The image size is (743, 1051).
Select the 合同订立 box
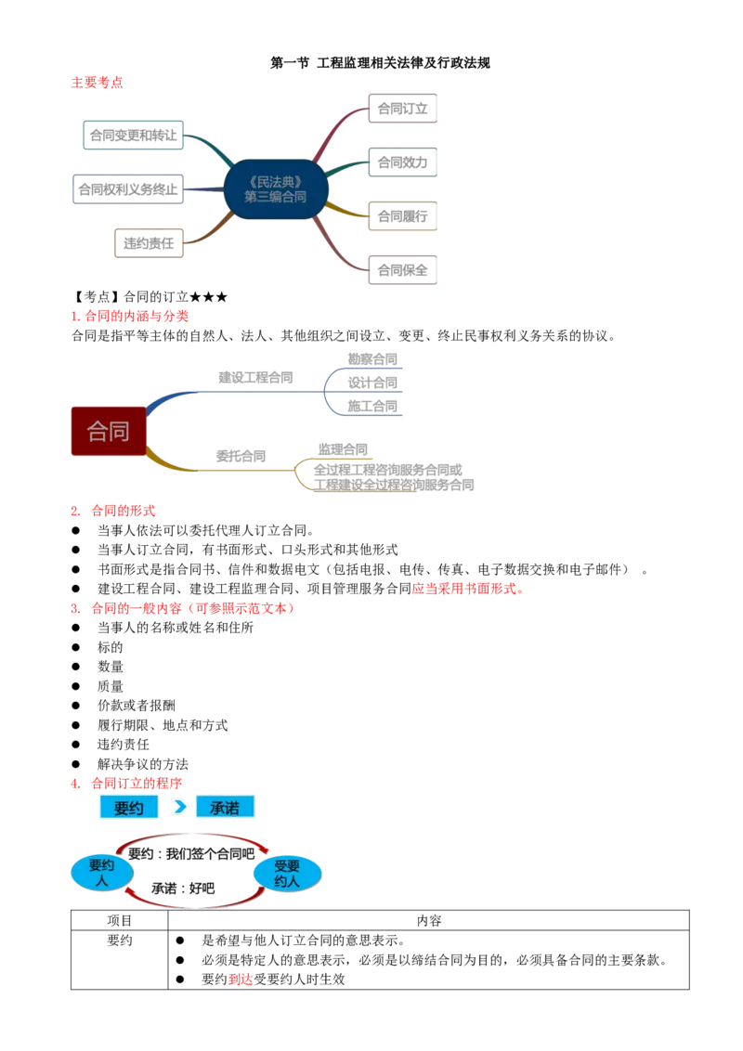coord(401,109)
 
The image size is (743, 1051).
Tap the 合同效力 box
coord(401,163)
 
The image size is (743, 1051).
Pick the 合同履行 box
coord(401,217)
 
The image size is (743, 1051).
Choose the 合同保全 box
coord(401,271)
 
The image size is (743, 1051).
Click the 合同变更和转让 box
coord(133,136)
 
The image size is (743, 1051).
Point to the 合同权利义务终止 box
coord(126,189)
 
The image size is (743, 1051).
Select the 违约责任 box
coord(149,242)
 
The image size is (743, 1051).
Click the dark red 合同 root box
coord(108,432)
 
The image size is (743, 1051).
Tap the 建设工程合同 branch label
coord(255,378)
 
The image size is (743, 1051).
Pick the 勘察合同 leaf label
coord(372,358)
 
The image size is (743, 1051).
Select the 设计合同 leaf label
coord(373,382)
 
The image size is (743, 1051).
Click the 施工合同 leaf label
coord(373,406)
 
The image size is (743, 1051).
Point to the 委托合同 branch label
coord(241,456)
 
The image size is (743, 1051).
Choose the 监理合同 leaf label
coord(343,448)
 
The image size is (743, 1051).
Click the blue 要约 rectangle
coord(128,808)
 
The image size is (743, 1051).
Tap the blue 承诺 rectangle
coord(225,808)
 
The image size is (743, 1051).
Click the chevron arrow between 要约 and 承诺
coord(179,808)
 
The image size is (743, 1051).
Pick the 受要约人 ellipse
coord(288,873)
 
